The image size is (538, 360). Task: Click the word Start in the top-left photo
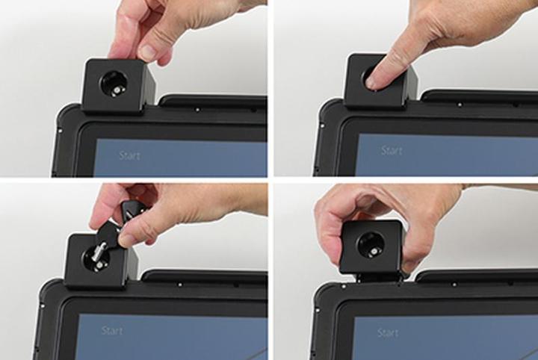click(129, 155)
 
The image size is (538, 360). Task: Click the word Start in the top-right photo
click(392, 150)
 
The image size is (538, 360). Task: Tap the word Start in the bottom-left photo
click(112, 331)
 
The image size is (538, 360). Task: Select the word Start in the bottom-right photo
click(388, 332)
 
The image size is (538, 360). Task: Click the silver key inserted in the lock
click(100, 254)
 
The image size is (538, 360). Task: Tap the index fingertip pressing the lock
click(373, 81)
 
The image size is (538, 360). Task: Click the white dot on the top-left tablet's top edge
click(197, 110)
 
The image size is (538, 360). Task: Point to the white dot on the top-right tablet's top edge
click(460, 105)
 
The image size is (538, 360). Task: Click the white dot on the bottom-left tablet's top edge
click(179, 285)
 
